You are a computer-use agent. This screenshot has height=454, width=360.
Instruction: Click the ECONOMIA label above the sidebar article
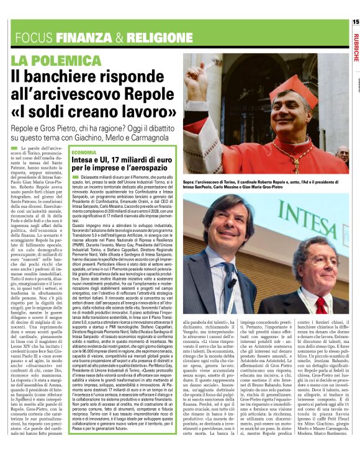(x=84, y=152)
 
